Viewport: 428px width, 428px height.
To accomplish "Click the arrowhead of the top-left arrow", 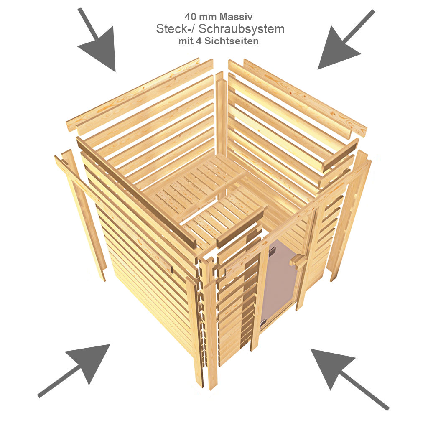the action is pyautogui.click(x=101, y=49).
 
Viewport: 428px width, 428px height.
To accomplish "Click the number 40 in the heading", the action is pyautogui.click(x=190, y=17).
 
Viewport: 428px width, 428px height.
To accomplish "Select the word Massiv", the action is pyautogui.click(x=237, y=17).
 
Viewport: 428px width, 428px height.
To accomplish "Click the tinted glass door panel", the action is pyautogui.click(x=278, y=281).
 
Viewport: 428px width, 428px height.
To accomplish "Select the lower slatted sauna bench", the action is pyautogui.click(x=224, y=216).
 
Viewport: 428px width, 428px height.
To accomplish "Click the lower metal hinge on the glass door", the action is pyautogui.click(x=263, y=323).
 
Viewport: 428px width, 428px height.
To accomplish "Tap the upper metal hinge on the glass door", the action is pyautogui.click(x=272, y=250).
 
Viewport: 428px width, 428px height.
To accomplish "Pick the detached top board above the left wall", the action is pyautogui.click(x=133, y=94).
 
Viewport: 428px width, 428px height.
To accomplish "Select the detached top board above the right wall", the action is pyautogui.click(x=305, y=98).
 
